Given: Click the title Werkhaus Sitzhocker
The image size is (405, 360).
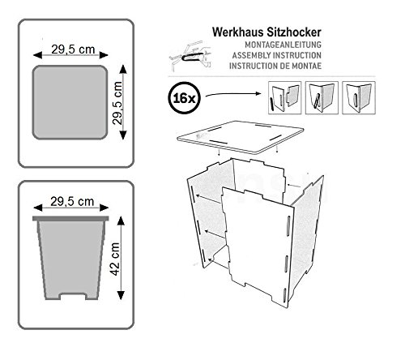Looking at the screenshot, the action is click(266, 32).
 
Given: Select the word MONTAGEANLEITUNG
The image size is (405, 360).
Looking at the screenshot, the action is click(283, 45).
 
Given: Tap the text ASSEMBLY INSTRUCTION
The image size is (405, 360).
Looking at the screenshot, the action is click(277, 55).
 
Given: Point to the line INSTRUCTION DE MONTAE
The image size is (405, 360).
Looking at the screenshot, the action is click(275, 66).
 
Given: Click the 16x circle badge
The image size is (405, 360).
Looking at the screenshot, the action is click(184, 97).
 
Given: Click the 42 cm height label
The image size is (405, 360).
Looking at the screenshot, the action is click(115, 259).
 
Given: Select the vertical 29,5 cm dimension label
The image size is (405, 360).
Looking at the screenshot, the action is click(117, 103).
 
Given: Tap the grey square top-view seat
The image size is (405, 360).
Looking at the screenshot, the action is click(70, 102).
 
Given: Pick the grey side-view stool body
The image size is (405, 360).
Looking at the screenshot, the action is click(70, 258).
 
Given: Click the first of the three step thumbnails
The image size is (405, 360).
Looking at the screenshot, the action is click(284, 97).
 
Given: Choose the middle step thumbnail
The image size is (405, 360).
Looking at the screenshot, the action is click(322, 97).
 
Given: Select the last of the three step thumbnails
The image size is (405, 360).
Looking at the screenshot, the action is click(359, 97).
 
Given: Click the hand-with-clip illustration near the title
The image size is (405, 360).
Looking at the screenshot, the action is click(190, 55).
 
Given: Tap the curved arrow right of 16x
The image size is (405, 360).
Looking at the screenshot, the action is click(233, 94).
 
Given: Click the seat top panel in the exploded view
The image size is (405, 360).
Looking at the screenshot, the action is click(241, 137).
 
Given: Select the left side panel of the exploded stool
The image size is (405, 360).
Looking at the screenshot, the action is click(209, 211).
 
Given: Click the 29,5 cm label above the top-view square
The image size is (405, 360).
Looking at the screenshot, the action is click(73, 49).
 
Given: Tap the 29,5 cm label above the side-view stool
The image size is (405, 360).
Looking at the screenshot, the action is click(72, 202).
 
